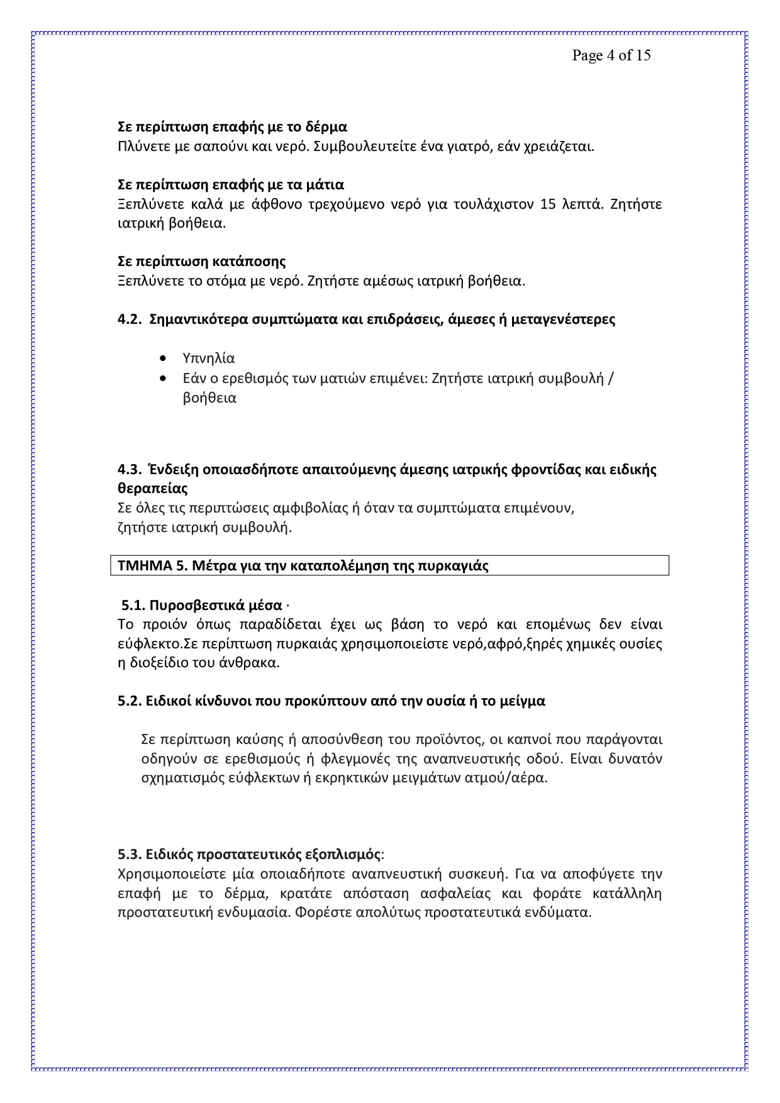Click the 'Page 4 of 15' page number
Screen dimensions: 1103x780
[x=611, y=55]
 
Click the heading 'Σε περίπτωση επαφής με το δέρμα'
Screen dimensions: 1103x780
[x=232, y=127]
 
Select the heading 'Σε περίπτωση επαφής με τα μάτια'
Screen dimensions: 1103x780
[x=231, y=185]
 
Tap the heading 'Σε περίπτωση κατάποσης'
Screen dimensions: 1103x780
[x=201, y=261]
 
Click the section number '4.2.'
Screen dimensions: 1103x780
[x=129, y=319]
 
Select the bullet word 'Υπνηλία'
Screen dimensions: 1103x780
[x=209, y=358]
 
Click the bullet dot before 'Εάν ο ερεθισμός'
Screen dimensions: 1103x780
[x=164, y=379]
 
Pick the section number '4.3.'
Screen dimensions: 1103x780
[x=129, y=470]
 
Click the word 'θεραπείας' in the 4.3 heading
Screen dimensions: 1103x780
[x=152, y=489]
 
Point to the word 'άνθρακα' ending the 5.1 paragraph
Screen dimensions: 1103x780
[x=253, y=663]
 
